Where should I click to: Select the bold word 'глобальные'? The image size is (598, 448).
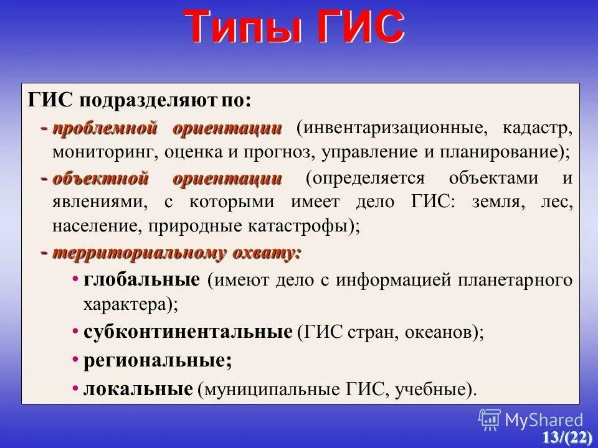[142, 279]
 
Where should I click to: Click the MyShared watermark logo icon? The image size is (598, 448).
[490, 420]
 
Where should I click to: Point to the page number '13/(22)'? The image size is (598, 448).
[566, 437]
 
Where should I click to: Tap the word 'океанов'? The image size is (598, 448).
[441, 332]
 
